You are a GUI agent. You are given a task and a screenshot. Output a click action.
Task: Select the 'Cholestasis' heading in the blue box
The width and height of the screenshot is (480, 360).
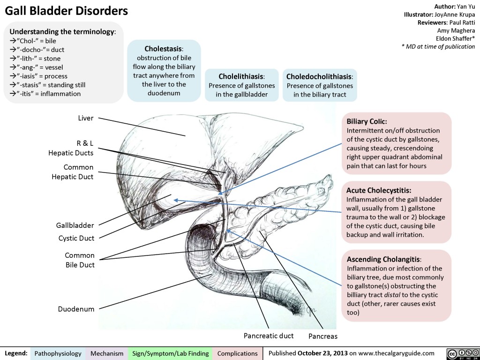pyautogui.click(x=164, y=48)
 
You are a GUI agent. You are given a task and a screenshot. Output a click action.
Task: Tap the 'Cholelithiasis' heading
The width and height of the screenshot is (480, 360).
pyautogui.click(x=242, y=76)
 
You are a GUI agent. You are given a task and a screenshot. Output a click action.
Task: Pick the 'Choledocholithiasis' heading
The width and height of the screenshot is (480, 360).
pyautogui.click(x=320, y=76)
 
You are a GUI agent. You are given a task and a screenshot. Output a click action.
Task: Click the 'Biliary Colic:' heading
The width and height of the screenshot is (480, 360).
pyautogui.click(x=367, y=121)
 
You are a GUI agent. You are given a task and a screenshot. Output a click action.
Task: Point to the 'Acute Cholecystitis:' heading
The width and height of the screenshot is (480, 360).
pyautogui.click(x=379, y=190)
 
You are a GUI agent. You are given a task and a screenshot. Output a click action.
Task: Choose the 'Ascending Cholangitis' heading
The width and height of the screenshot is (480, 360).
pyautogui.click(x=384, y=259)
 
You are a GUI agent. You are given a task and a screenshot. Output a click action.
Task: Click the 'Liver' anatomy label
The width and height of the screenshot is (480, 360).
pyautogui.click(x=85, y=118)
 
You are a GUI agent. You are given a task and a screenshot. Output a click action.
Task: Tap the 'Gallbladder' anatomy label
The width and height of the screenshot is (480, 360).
pyautogui.click(x=75, y=225)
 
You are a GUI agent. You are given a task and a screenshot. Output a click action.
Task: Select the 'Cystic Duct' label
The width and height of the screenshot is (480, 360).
pyautogui.click(x=76, y=238)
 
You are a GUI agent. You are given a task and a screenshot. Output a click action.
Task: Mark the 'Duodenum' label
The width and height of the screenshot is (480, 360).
pyautogui.click(x=76, y=309)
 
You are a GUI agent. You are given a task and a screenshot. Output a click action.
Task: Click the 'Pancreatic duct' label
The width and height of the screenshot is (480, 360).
pyautogui.click(x=269, y=336)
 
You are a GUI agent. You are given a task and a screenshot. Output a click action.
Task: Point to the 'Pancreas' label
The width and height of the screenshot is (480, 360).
pyautogui.click(x=322, y=336)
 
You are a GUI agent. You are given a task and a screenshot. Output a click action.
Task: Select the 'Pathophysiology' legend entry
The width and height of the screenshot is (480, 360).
pyautogui.click(x=58, y=353)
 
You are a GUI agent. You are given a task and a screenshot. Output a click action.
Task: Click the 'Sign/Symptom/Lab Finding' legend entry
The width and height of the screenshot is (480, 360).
pyautogui.click(x=171, y=353)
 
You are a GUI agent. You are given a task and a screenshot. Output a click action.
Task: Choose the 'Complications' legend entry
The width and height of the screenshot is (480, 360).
pyautogui.click(x=238, y=353)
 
